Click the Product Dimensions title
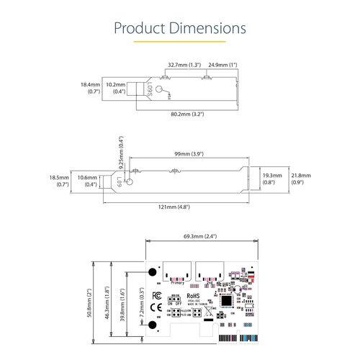point(180,28)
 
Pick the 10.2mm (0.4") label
point(115,89)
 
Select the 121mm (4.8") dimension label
point(178,207)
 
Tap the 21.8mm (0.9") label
point(300,179)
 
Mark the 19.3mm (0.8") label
point(272,179)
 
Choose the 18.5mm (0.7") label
point(58,181)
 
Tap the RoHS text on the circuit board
point(193,295)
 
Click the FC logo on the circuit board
point(155,295)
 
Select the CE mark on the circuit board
point(155,310)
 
